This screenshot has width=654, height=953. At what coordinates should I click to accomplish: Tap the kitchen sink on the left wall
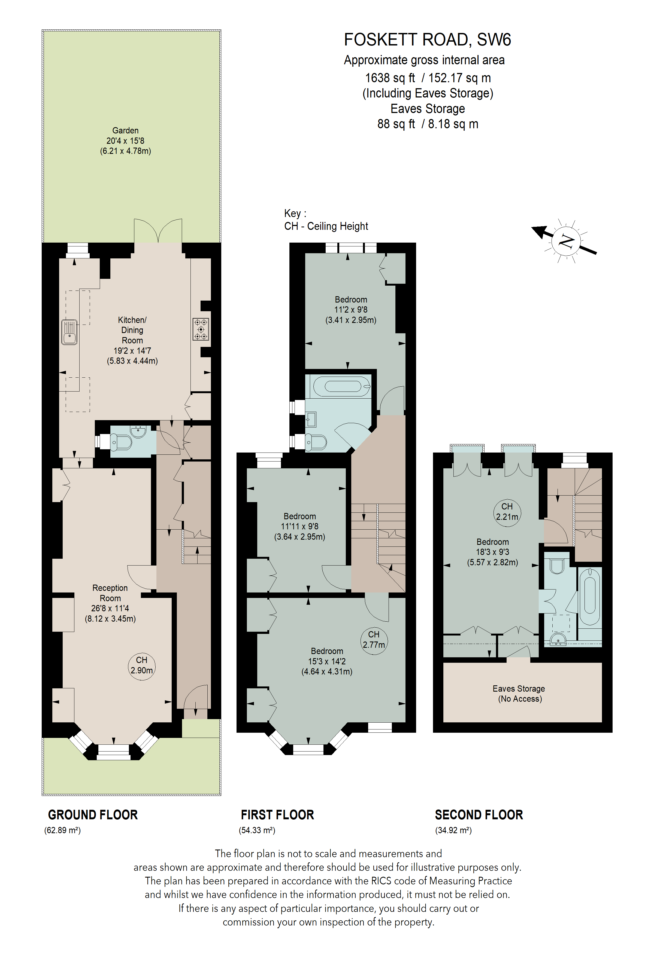click(69, 332)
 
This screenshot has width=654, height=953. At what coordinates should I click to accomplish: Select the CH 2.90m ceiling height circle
click(141, 665)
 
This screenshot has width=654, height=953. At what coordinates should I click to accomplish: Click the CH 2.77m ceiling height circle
click(374, 640)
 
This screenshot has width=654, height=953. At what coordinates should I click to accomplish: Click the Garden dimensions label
click(126, 141)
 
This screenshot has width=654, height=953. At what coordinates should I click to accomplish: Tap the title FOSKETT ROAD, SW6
click(427, 40)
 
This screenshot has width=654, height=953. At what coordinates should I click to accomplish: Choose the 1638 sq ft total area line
click(428, 78)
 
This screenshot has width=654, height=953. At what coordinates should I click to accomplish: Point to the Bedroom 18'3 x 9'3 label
click(492, 552)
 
